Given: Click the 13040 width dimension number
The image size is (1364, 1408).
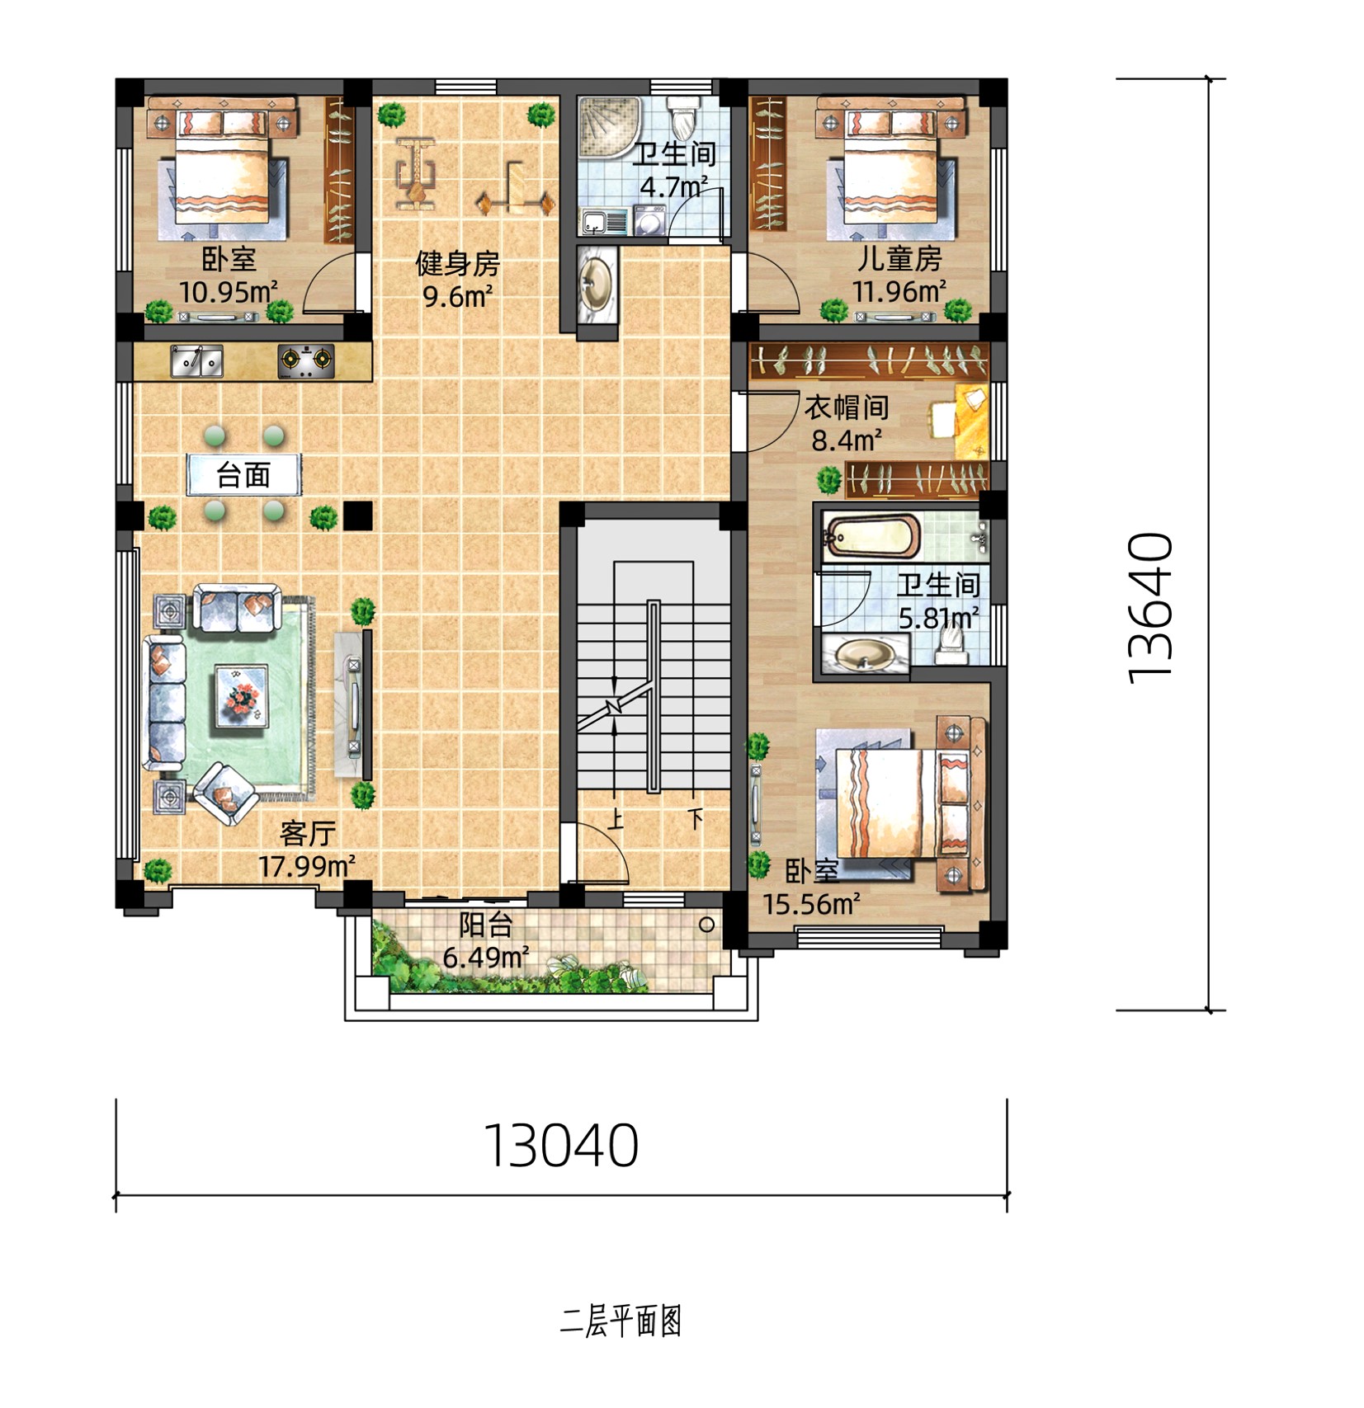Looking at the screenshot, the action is click(x=561, y=1145).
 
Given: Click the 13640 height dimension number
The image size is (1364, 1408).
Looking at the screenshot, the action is click(x=1150, y=608).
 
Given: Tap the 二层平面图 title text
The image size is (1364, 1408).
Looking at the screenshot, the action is click(x=621, y=1321).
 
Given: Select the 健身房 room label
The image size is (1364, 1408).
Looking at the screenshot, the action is click(x=457, y=264).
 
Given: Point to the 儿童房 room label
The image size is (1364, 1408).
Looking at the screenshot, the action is click(x=899, y=258).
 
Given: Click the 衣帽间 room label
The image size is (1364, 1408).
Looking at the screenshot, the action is click(x=847, y=407).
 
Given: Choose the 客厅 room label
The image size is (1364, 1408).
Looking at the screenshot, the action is click(x=307, y=833).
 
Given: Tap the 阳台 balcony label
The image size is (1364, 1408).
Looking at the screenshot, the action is click(x=486, y=925).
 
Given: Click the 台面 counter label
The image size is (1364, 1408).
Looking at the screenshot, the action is click(x=243, y=475).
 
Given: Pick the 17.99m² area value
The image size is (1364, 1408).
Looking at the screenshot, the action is click(x=307, y=866).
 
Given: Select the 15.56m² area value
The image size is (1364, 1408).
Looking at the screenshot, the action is click(x=810, y=904).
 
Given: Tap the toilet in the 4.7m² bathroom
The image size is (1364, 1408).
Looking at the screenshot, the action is click(x=682, y=117).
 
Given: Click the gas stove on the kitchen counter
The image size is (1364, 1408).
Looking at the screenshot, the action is click(x=306, y=360).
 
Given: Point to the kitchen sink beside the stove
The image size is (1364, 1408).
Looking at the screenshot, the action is click(x=196, y=361).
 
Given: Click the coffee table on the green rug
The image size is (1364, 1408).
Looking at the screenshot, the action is click(x=242, y=697).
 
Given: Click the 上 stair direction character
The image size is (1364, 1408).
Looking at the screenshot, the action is click(x=616, y=819).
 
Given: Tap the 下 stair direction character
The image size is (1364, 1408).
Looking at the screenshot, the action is click(x=695, y=819).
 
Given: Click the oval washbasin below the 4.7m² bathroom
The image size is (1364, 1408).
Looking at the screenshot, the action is click(x=597, y=282).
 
